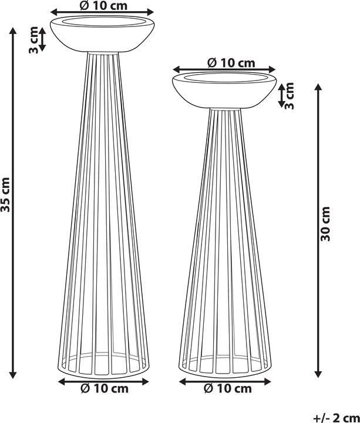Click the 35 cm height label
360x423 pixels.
[5, 194]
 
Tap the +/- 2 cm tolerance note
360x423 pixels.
[335, 417]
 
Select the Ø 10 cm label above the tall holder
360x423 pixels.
[103, 5]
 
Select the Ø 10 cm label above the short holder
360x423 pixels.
[230, 62]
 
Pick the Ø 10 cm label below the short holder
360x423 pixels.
[228, 389]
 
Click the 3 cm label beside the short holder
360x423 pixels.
[290, 95]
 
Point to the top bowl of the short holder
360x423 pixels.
[224, 92]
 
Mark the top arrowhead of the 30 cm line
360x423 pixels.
[318, 87]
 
